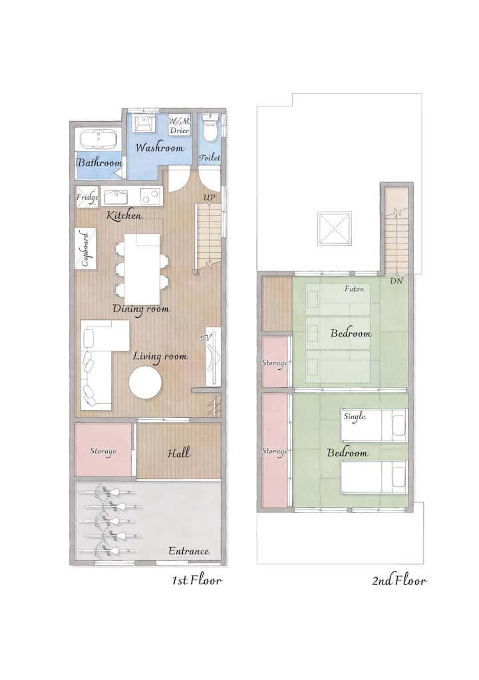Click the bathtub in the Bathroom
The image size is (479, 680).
tap(99, 139)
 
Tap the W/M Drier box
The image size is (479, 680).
tap(180, 125)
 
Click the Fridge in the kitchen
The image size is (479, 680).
tap(87, 198)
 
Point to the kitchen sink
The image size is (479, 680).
tap(115, 197)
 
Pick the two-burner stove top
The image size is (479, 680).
tap(150, 196)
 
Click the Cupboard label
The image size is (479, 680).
tap(85, 250)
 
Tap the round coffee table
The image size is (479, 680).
tap(146, 383)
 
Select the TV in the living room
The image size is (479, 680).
tap(214, 357)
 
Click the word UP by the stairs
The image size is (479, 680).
tap(210, 198)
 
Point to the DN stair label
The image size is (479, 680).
tap(397, 281)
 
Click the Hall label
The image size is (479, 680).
tap(178, 453)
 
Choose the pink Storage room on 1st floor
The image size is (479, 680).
tap(103, 450)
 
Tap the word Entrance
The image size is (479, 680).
tap(188, 551)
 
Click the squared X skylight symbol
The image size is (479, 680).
tap(334, 228)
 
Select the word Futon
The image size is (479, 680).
tap(354, 289)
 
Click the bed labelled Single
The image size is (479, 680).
tap(373, 425)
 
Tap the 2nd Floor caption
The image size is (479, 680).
tap(399, 580)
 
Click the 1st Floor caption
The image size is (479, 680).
tap(197, 580)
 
